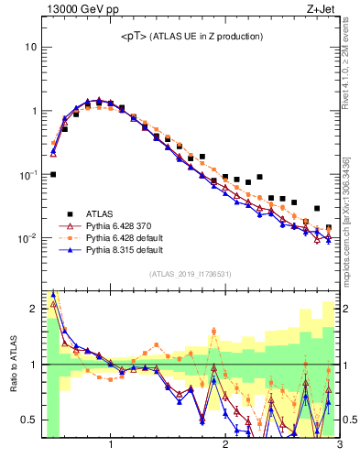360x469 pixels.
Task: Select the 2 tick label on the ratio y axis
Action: (x=33, y=309)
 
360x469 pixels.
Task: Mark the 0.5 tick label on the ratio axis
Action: (x=29, y=420)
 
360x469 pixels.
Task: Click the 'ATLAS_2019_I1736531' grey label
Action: (x=190, y=275)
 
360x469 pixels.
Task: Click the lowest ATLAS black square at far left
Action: (x=53, y=174)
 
